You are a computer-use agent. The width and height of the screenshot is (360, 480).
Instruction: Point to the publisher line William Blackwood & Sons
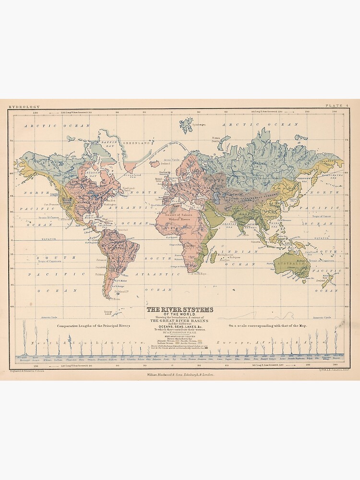click(x=180, y=374)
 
